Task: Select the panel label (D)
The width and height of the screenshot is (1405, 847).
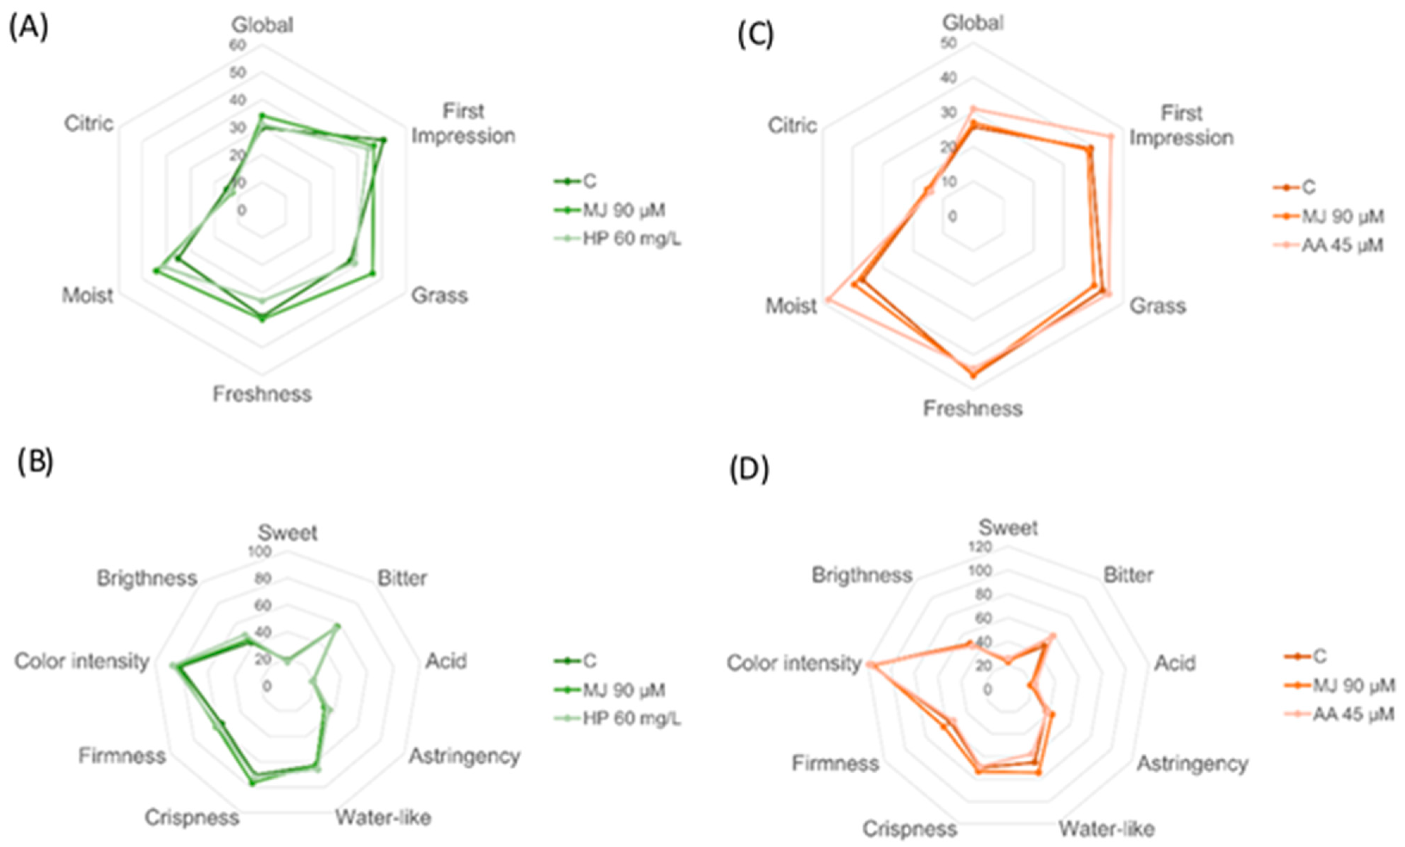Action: pos(749,469)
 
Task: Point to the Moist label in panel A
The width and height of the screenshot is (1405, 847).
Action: pos(87,295)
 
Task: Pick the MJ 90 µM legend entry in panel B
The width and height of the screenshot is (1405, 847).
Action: pos(623,690)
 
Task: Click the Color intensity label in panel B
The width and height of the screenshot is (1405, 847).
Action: pos(82,661)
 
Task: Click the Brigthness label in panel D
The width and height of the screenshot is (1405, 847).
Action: pos(862,575)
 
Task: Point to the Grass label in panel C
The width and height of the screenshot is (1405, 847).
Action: pos(1157,306)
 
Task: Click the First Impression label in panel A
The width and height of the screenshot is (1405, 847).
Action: pos(463,123)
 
